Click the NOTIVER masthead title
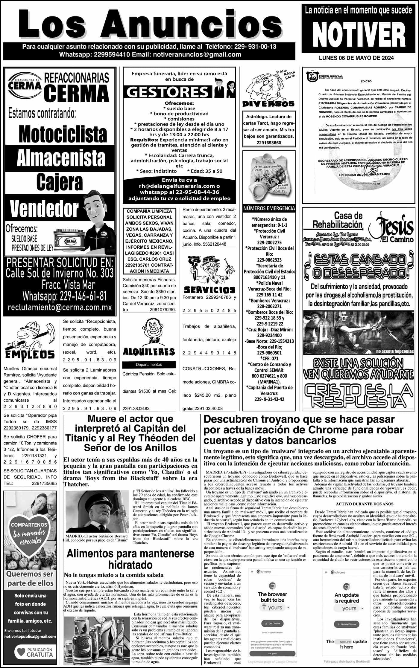(x=358, y=35)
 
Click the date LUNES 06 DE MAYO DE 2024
(x=356, y=58)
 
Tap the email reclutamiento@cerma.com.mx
(x=60, y=308)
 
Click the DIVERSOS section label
(x=268, y=104)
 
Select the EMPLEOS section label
(x=30, y=355)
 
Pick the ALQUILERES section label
(x=149, y=351)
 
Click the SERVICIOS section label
(x=209, y=289)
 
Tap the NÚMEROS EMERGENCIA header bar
(x=269, y=208)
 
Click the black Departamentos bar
(x=149, y=364)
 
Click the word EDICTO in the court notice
(x=366, y=81)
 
